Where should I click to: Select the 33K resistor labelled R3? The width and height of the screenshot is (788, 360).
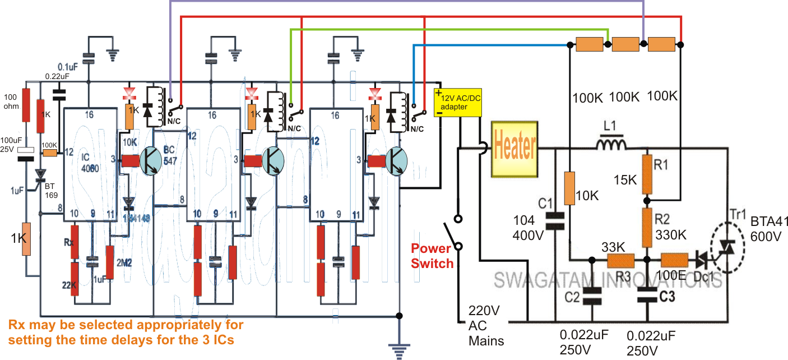point(621,260)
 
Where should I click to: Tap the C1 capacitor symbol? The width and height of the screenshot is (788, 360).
point(555,220)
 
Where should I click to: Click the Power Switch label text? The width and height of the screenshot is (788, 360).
point(432,255)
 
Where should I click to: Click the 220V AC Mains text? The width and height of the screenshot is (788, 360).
point(486,325)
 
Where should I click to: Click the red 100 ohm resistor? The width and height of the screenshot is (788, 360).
point(26,104)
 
